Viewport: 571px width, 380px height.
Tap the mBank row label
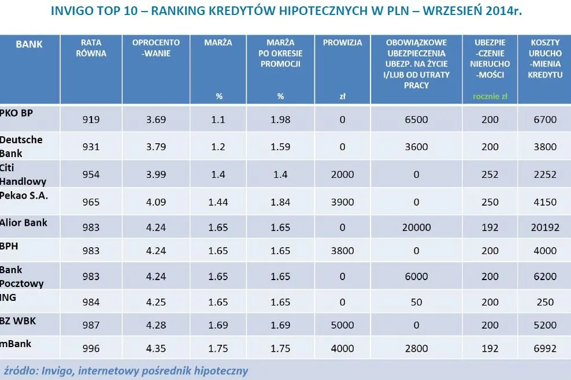pyautogui.click(x=16, y=344)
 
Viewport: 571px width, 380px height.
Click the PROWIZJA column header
pyautogui.click(x=343, y=43)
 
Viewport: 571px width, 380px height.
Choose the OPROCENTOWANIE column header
pyautogui.click(x=156, y=48)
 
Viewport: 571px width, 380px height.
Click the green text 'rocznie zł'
pyautogui.click(x=490, y=96)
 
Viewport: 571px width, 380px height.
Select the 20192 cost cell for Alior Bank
pyautogui.click(x=545, y=228)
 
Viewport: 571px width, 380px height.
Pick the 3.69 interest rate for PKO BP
pyautogui.click(x=156, y=120)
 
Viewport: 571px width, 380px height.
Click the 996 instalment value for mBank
pyautogui.click(x=91, y=348)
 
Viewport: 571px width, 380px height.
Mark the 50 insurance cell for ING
pyautogui.click(x=416, y=302)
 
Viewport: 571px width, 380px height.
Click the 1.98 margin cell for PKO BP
pyautogui.click(x=280, y=120)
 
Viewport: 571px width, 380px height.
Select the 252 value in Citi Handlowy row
pyautogui.click(x=490, y=174)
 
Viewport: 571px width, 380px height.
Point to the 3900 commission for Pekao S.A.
pyautogui.click(x=343, y=202)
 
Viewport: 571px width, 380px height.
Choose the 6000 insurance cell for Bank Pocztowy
pyautogui.click(x=416, y=277)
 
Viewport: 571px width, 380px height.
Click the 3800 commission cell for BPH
pyautogui.click(x=343, y=251)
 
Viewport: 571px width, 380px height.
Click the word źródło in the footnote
pyautogui.click(x=20, y=370)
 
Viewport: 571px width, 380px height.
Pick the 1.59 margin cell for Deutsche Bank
pyautogui.click(x=280, y=147)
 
